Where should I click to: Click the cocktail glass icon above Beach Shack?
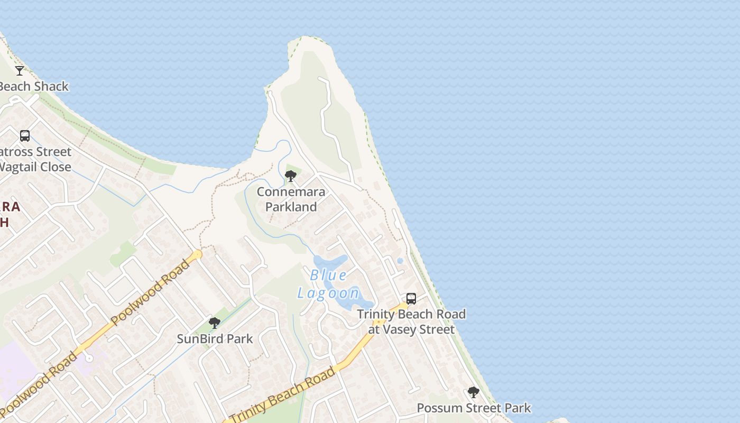coord(20,70)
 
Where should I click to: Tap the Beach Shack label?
coord(34,86)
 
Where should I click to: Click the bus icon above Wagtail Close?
coord(25,136)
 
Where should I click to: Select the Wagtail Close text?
coord(35,167)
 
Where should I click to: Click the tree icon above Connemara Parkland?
coord(290,176)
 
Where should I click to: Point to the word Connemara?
coord(291,191)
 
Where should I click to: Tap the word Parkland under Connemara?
coord(291,207)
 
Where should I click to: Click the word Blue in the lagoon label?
coord(328,275)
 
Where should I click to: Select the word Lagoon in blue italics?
coord(328,293)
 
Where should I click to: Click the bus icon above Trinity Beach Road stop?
coord(411,299)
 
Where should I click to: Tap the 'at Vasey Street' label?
coord(411,329)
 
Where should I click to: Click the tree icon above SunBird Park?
coord(214,323)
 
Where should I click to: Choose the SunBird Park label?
coord(215,339)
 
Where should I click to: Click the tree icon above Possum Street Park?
coord(474,392)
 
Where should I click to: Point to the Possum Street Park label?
coord(474,408)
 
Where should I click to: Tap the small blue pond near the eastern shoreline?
coord(400,261)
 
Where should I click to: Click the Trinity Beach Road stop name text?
coord(411,314)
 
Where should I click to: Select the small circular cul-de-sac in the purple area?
coord(89,358)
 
